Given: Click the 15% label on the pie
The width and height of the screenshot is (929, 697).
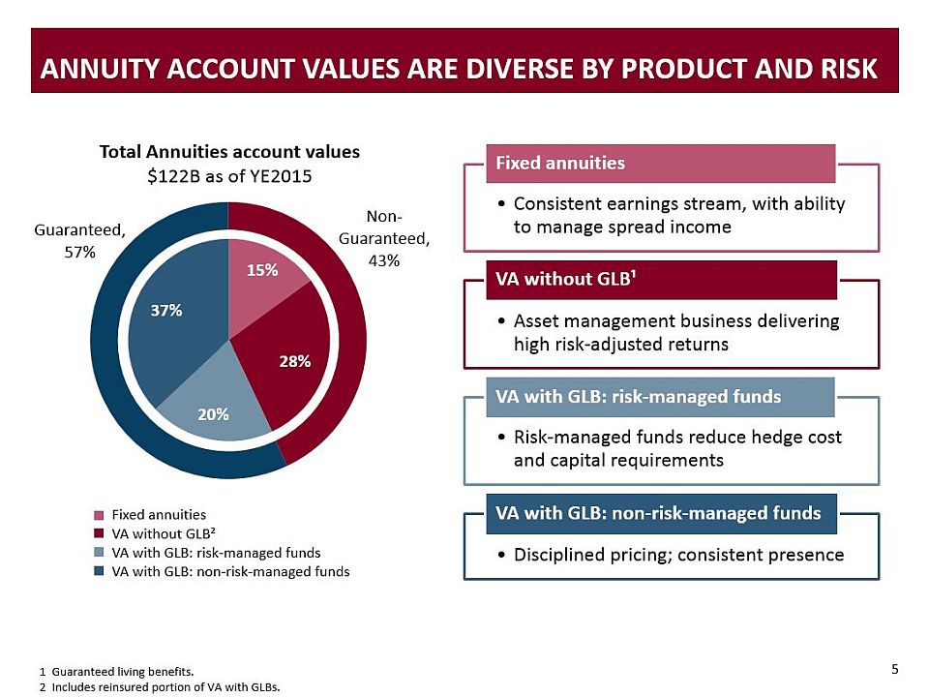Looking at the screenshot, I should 262,271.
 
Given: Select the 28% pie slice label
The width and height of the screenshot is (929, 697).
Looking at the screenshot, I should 294,361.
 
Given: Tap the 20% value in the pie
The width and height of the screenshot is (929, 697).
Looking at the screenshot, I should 213,414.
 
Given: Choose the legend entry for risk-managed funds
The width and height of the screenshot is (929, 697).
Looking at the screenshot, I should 215,553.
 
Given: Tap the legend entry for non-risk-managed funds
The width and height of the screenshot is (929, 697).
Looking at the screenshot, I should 230,571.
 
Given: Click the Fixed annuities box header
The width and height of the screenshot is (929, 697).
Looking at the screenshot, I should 559,163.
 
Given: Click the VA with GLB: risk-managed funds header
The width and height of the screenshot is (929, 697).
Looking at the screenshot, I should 638,397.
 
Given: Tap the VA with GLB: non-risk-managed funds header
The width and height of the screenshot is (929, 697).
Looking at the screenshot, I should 658,512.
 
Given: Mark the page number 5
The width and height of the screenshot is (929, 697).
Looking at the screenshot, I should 894,669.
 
